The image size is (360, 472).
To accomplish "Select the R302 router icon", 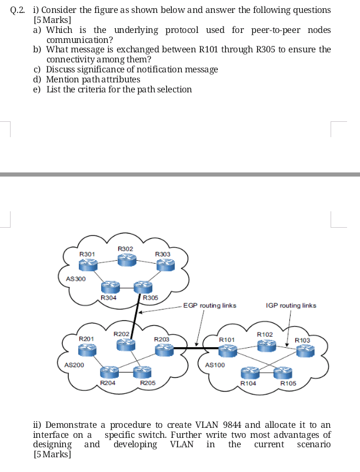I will pos(125,260).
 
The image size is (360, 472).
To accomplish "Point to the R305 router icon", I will pos(142,287).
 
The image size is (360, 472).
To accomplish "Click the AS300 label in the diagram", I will pos(75,278).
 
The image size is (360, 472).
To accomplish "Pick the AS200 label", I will pos(74,365).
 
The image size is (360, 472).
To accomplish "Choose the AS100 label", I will pos(215,365).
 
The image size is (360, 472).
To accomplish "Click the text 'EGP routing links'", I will pos(209,305).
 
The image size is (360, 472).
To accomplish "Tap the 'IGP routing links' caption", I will pos(291,305).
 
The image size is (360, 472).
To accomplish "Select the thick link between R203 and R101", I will pos(191,350).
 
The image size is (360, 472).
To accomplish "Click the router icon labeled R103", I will pos(305,351).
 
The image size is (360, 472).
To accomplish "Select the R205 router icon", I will pos(141,371).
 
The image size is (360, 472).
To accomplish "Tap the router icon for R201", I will pos(86,350).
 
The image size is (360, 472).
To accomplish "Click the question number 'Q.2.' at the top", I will pos(19,11).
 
